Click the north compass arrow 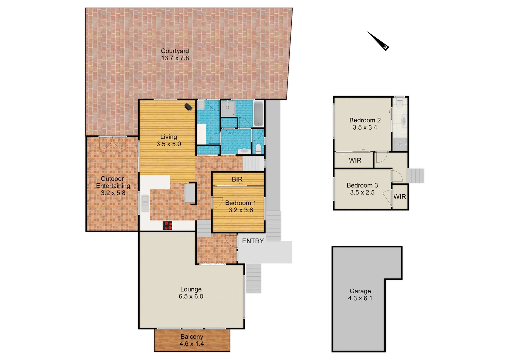point(378,41)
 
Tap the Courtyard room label point(175,51)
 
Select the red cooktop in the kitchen point(167,226)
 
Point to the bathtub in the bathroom point(258,114)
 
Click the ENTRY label point(253,241)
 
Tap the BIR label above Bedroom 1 point(237,179)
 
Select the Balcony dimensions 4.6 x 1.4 point(192,344)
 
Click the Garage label point(360,291)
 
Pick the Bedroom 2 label point(365,120)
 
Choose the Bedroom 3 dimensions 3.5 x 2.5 point(362,192)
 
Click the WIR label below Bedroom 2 point(355,160)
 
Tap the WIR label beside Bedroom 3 point(399,197)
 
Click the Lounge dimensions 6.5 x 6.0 point(191,296)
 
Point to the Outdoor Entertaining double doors point(113,142)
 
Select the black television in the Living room point(189,107)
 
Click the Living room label point(169,137)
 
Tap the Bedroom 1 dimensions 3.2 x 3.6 point(241,210)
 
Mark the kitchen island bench point(190,193)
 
